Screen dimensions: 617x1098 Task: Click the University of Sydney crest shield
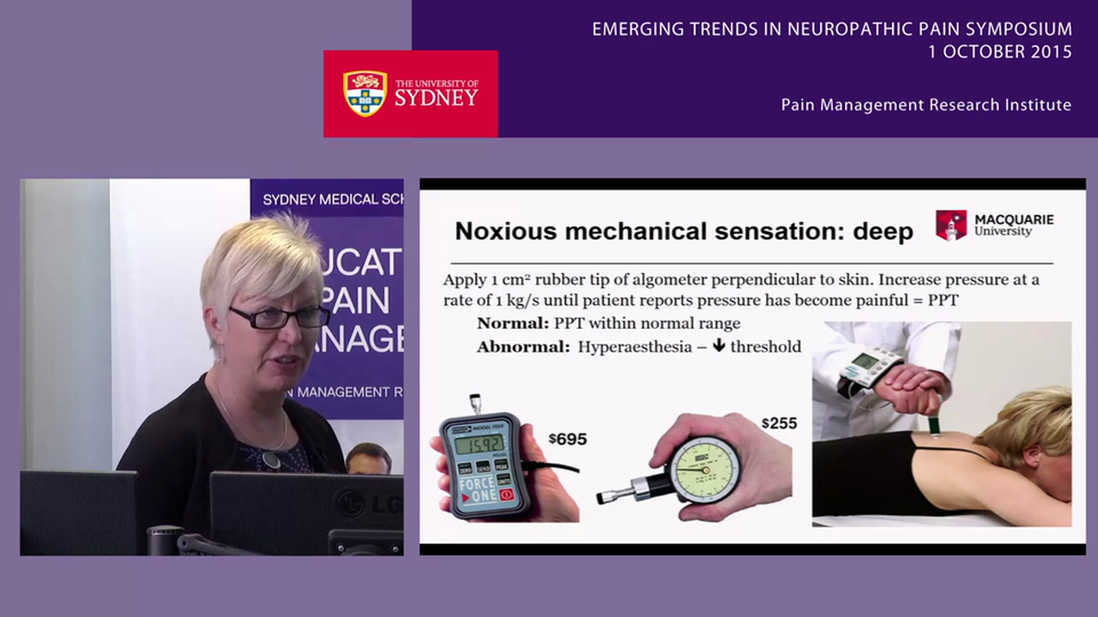pyautogui.click(x=365, y=93)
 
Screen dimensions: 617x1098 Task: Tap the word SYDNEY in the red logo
pyautogui.click(x=436, y=98)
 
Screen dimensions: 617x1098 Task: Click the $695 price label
pyautogui.click(x=568, y=440)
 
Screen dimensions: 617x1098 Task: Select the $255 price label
pyautogui.click(x=778, y=423)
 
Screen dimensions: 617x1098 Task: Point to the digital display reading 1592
pyautogui.click(x=480, y=445)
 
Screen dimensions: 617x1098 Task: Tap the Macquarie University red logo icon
pyautogui.click(x=950, y=225)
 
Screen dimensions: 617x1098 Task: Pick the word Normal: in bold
pyautogui.click(x=513, y=323)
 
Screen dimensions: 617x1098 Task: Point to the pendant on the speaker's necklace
pyautogui.click(x=272, y=460)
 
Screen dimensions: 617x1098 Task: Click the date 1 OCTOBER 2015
pyautogui.click(x=999, y=51)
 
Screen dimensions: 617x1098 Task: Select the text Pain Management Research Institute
pyautogui.click(x=926, y=105)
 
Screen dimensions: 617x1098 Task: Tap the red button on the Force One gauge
pyautogui.click(x=506, y=494)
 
